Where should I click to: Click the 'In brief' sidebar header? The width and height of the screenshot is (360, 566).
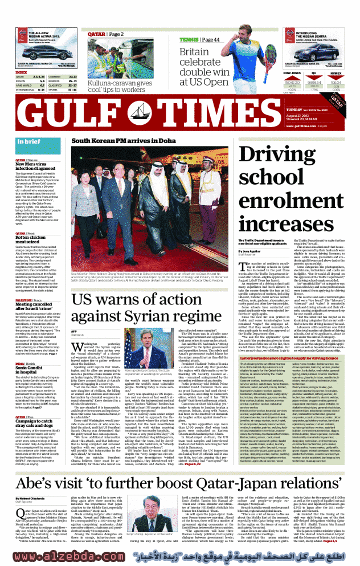pos(28,141)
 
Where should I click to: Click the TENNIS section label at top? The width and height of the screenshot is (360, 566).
pos(187,39)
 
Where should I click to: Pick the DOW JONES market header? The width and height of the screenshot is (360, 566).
pos(292,73)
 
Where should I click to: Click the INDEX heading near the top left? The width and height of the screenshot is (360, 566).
pos(21,72)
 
